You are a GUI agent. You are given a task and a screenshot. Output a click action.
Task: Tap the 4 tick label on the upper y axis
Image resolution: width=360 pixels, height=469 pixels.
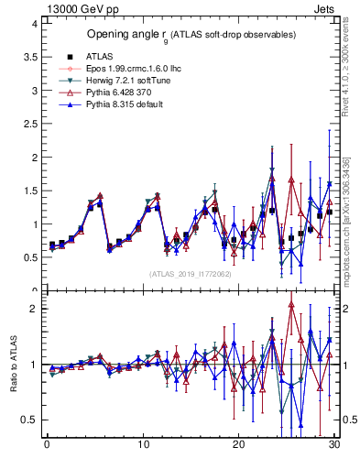(x=34, y=23)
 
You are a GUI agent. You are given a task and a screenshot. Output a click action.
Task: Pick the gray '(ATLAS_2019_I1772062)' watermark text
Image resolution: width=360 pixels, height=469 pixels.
(x=191, y=274)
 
